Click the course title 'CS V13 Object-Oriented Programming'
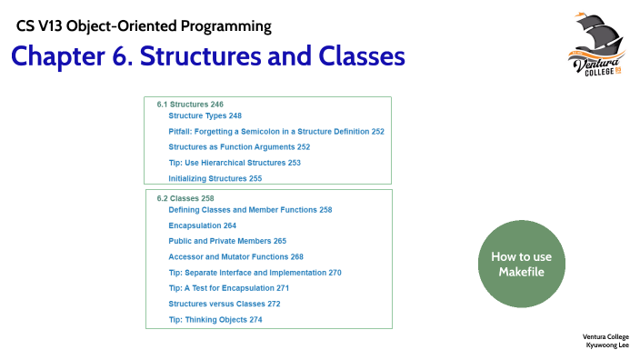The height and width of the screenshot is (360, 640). coord(144,25)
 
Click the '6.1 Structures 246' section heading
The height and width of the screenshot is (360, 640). coord(190,105)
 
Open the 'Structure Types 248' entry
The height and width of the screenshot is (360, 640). coord(205,116)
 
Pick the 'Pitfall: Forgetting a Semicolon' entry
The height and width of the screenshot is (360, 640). coord(276,132)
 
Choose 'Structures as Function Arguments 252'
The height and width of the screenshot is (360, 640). coord(239,147)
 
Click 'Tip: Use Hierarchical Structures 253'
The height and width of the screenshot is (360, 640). coord(235,163)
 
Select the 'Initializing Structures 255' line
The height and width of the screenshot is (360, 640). coord(215,179)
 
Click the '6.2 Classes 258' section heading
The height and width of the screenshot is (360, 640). coord(185,198)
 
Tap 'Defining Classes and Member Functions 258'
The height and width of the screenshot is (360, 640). coord(250,210)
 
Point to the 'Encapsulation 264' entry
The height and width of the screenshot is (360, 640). coord(203,225)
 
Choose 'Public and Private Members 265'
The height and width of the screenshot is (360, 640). coord(227,241)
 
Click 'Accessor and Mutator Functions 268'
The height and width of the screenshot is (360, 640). coord(236,257)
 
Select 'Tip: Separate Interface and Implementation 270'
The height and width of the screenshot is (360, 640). coord(255,273)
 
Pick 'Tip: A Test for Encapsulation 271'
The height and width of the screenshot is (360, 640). coord(228,288)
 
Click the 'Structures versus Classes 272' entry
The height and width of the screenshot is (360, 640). coord(225,304)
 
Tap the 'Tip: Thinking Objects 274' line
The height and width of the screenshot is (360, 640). coord(215,320)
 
